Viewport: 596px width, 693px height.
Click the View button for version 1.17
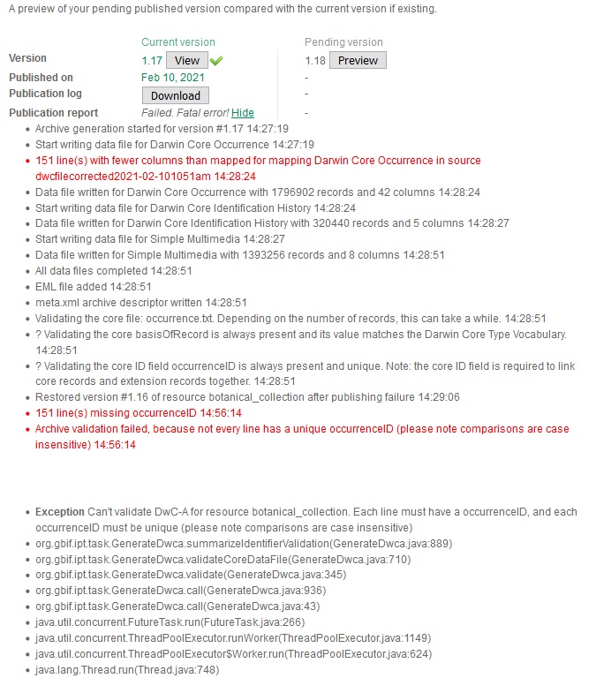(x=187, y=60)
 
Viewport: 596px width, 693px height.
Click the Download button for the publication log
(x=176, y=95)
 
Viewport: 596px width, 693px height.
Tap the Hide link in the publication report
(x=243, y=113)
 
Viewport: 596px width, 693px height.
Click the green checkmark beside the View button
(x=217, y=60)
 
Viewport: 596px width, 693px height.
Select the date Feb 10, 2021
(x=173, y=78)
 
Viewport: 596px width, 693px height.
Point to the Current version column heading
(x=177, y=42)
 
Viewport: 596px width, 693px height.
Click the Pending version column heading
(x=343, y=42)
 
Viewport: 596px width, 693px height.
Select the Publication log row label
(x=45, y=94)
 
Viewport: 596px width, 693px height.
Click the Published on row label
(x=41, y=77)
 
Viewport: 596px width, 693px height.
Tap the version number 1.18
(x=315, y=60)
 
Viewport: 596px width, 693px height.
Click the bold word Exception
(x=60, y=512)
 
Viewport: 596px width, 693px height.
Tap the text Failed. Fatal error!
(x=185, y=113)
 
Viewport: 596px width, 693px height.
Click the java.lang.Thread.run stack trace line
(x=127, y=670)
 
